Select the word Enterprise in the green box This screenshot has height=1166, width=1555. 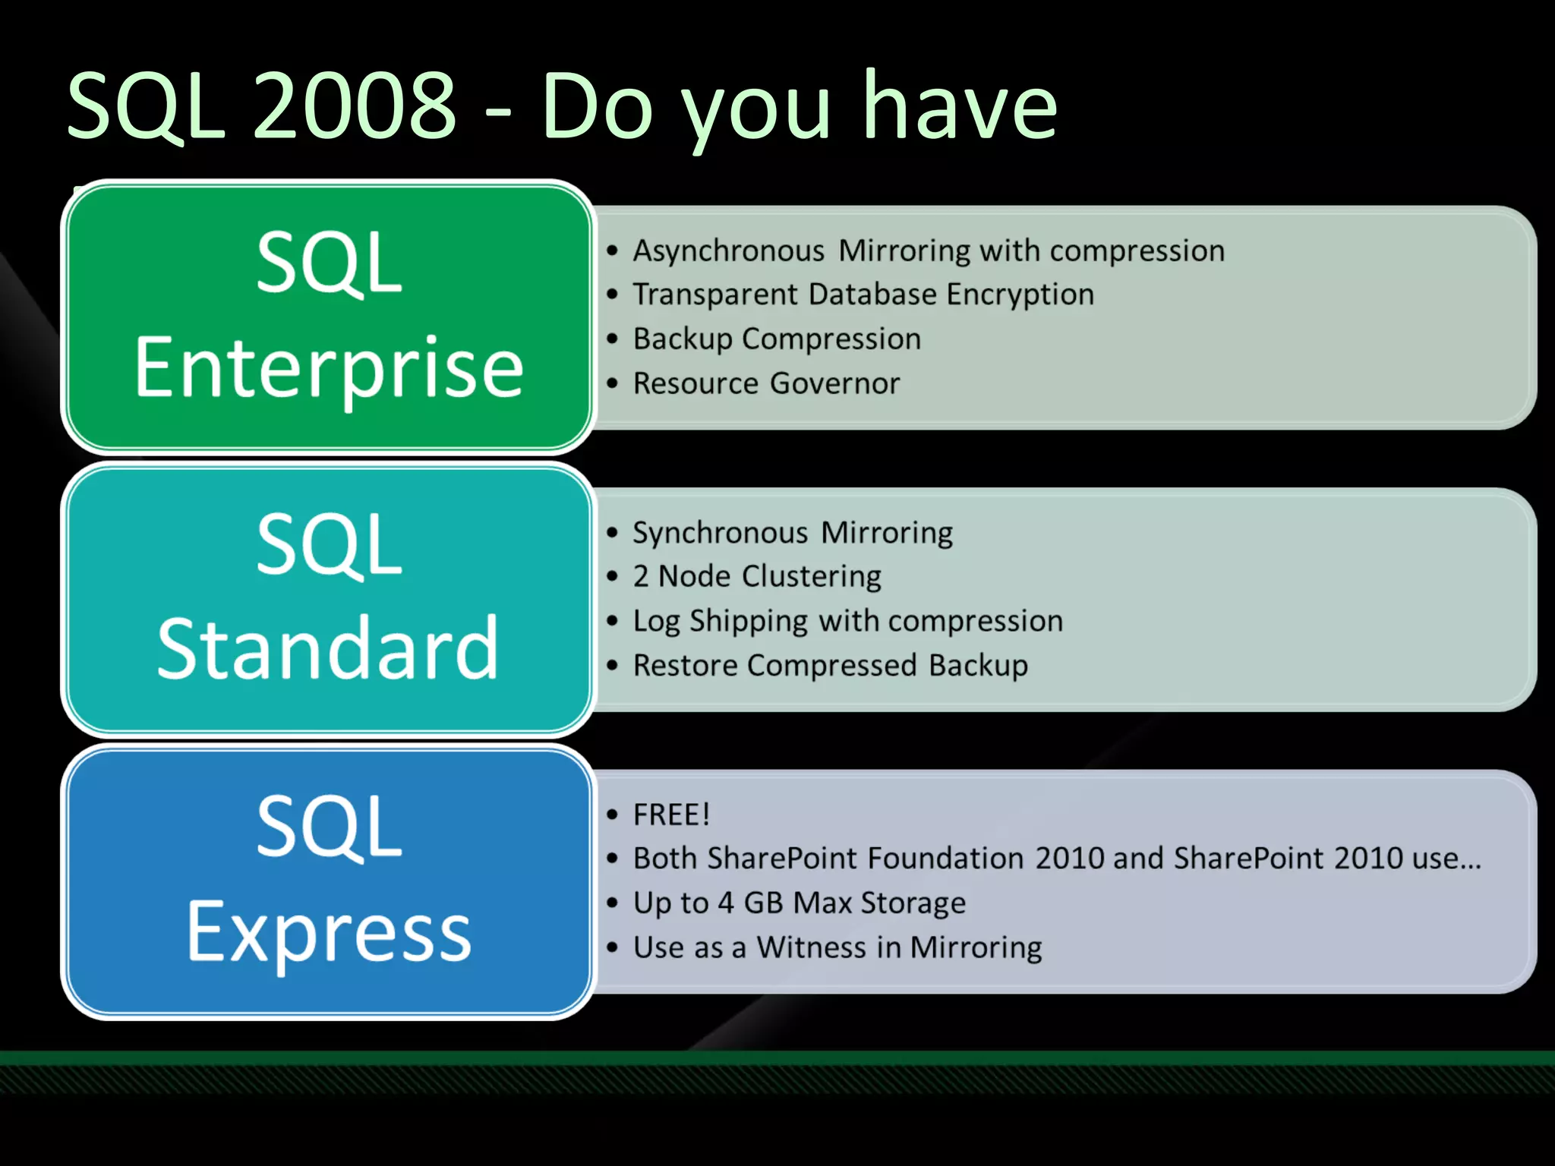329,369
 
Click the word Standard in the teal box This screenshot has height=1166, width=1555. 328,649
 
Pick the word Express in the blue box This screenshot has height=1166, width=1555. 329,932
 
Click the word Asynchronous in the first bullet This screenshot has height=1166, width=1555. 728,251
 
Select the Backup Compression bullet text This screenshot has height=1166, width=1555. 777,339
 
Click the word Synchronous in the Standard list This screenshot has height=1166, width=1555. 720,533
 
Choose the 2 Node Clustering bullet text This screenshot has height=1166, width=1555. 757,576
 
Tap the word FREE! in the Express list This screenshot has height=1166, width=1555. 671,815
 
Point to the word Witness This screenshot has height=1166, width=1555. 811,947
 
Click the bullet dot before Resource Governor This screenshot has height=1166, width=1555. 613,383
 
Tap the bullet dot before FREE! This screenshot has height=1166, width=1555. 613,815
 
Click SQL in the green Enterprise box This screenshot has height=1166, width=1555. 329,263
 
